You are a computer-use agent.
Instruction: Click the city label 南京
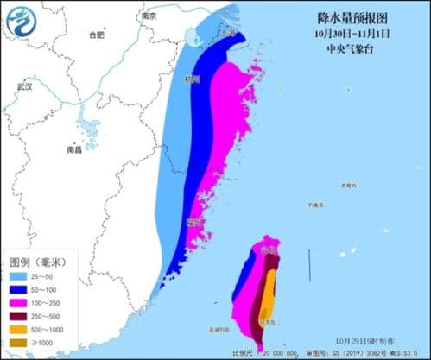point(149,16)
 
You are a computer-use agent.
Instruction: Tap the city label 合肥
point(95,35)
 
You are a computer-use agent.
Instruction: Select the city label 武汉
point(23,87)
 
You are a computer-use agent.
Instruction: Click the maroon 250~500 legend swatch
point(22,318)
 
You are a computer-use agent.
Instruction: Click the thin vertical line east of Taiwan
point(310,264)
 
